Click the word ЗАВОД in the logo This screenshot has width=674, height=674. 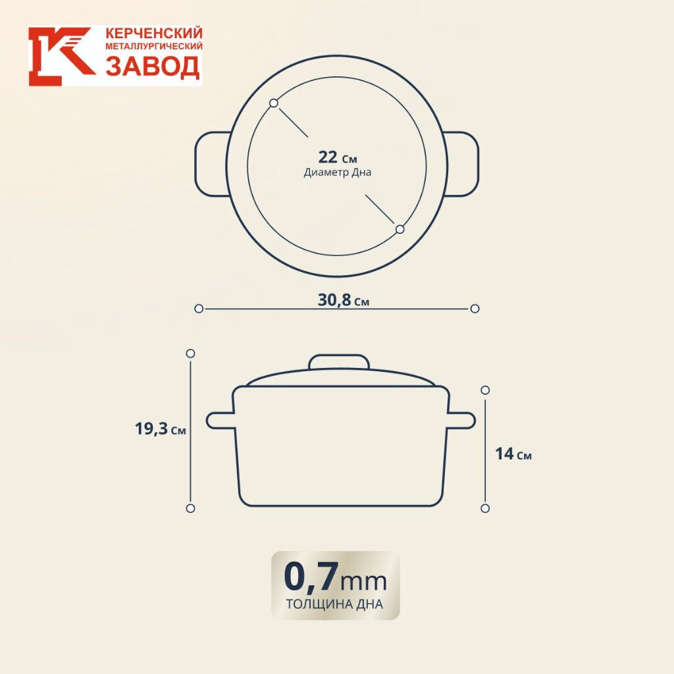152,66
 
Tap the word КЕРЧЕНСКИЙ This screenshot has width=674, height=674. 154,33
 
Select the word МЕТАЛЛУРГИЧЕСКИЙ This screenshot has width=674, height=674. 154,47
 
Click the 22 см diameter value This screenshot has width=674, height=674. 337,157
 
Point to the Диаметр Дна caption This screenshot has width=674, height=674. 337,172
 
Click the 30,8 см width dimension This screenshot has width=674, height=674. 343,301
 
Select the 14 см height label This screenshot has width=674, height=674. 513,455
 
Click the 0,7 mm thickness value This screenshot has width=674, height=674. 335,577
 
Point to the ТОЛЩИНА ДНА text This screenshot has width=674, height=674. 335,604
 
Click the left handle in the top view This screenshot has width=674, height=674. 211,164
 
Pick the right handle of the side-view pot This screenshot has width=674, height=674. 461,420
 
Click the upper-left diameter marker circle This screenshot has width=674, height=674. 274,103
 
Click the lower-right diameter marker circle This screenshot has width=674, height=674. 400,229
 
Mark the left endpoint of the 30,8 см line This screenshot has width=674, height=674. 199,308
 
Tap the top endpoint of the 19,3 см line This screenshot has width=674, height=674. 190,353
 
